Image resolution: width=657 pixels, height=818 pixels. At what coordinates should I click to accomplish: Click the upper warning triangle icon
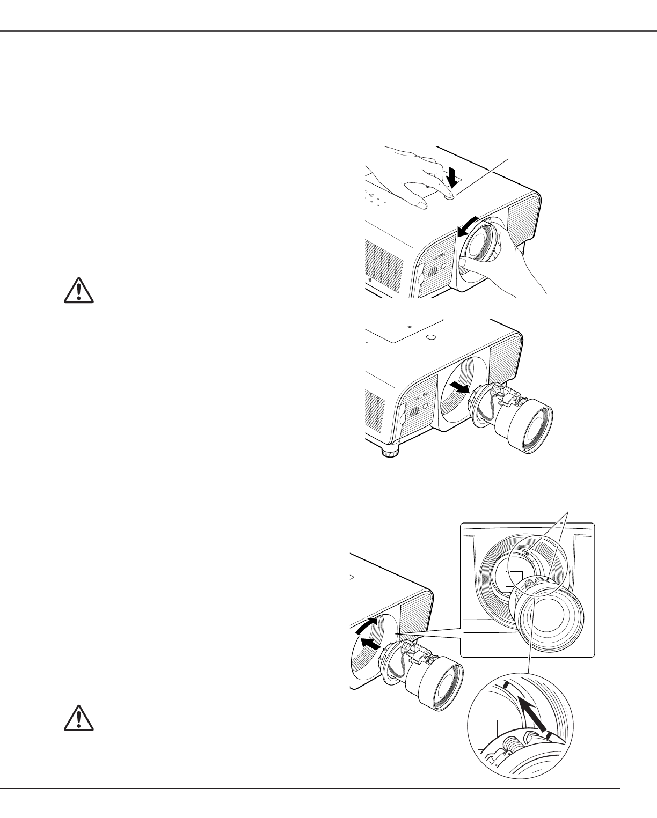point(78,290)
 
